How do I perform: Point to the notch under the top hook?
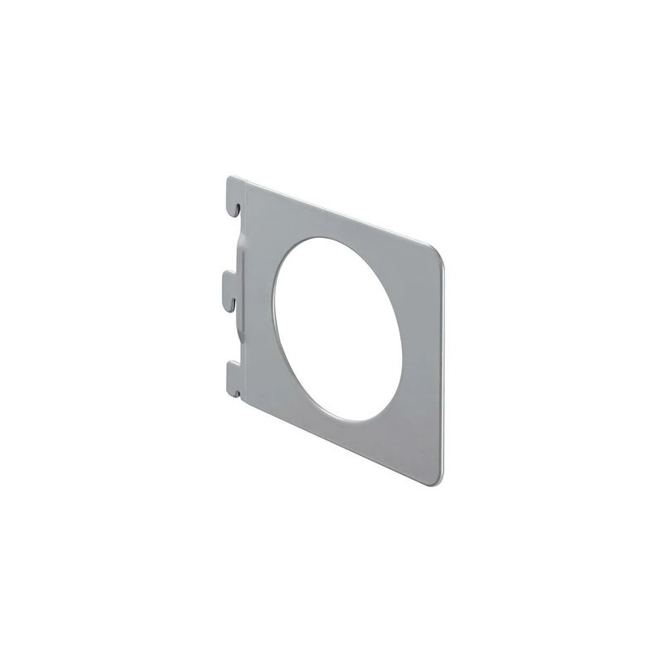coord(237,208)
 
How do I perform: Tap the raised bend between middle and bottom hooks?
coord(240,331)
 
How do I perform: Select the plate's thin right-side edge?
coord(443,365)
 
